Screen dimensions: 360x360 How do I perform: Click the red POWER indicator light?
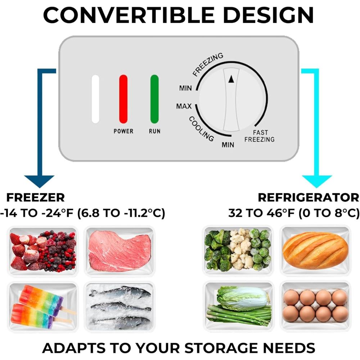[123, 99]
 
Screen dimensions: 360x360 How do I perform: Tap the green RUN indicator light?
[154, 99]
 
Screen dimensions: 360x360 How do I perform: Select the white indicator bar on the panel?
[95, 99]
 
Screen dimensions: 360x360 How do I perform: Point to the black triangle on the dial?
[231, 79]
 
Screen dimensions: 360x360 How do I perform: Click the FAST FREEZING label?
[260, 136]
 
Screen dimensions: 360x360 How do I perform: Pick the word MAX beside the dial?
[184, 106]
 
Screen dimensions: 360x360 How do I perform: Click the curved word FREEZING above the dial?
[208, 64]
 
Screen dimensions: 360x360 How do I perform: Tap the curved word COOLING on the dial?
[201, 129]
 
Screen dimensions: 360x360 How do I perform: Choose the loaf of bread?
[315, 250]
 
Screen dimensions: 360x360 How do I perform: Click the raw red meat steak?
[120, 251]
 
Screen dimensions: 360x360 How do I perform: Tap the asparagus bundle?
[239, 315]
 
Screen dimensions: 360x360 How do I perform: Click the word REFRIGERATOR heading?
[309, 197]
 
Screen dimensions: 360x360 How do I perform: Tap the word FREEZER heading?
[36, 197]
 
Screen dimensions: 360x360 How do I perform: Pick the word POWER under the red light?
[123, 131]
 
